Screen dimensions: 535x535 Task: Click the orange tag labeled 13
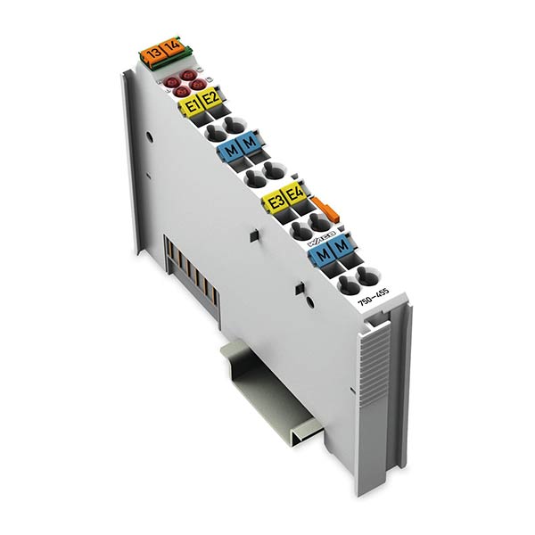point(154,54)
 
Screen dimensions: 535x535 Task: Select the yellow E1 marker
point(190,105)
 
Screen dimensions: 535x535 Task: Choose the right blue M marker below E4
point(340,247)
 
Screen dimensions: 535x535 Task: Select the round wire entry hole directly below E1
point(213,132)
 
